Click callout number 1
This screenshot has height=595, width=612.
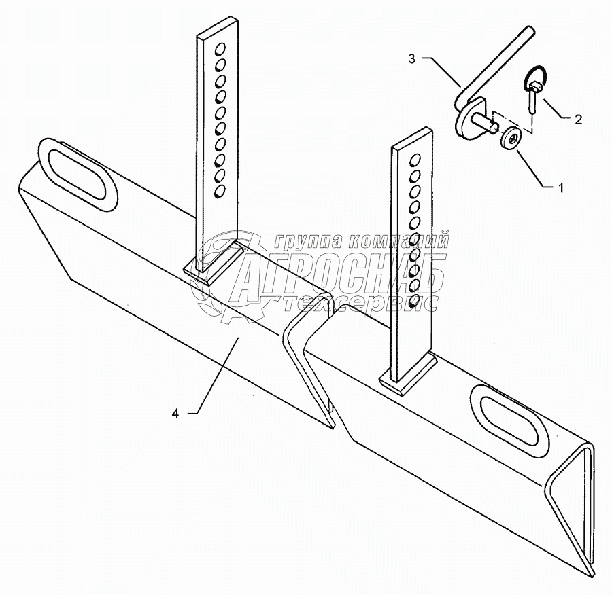coord(561,188)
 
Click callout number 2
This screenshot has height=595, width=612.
coord(578,120)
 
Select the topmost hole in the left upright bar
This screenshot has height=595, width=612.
coord(220,50)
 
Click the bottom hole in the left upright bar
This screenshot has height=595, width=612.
coord(218,192)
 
